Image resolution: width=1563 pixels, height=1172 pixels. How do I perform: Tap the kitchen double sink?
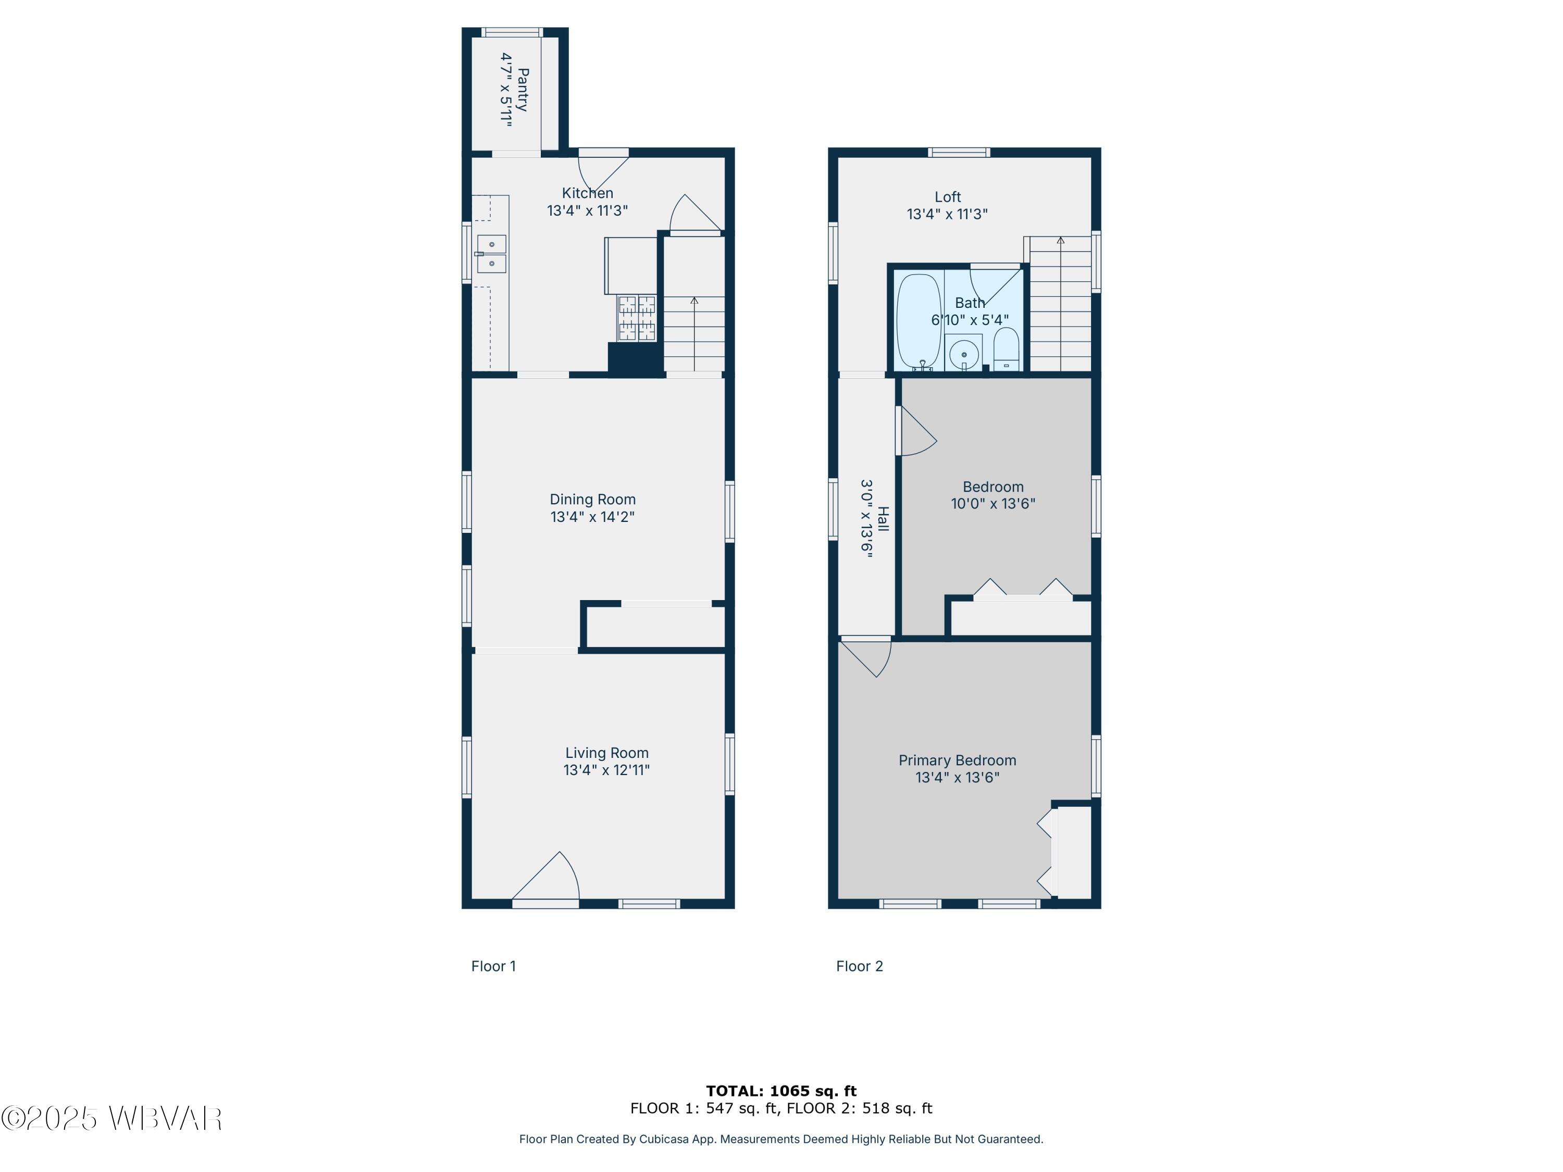[x=491, y=254]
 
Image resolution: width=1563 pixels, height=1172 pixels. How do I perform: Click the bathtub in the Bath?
[x=919, y=321]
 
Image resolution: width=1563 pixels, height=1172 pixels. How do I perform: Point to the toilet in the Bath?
[x=1006, y=349]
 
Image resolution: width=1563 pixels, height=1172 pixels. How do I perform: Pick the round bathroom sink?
[x=963, y=353]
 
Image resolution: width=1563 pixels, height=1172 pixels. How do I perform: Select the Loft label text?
[x=948, y=197]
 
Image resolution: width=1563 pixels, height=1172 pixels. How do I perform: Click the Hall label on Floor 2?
[x=883, y=519]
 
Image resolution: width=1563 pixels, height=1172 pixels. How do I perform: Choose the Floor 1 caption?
[x=493, y=966]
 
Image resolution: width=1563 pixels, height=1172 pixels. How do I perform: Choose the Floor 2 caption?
[x=859, y=966]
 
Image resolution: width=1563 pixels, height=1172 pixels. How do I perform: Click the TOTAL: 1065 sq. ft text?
[x=781, y=1091]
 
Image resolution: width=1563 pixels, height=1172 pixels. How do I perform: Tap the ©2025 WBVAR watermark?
[x=111, y=1118]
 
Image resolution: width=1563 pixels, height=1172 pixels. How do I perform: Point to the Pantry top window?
[x=512, y=32]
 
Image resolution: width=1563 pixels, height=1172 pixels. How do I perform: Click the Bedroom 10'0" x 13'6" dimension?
[x=993, y=504]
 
